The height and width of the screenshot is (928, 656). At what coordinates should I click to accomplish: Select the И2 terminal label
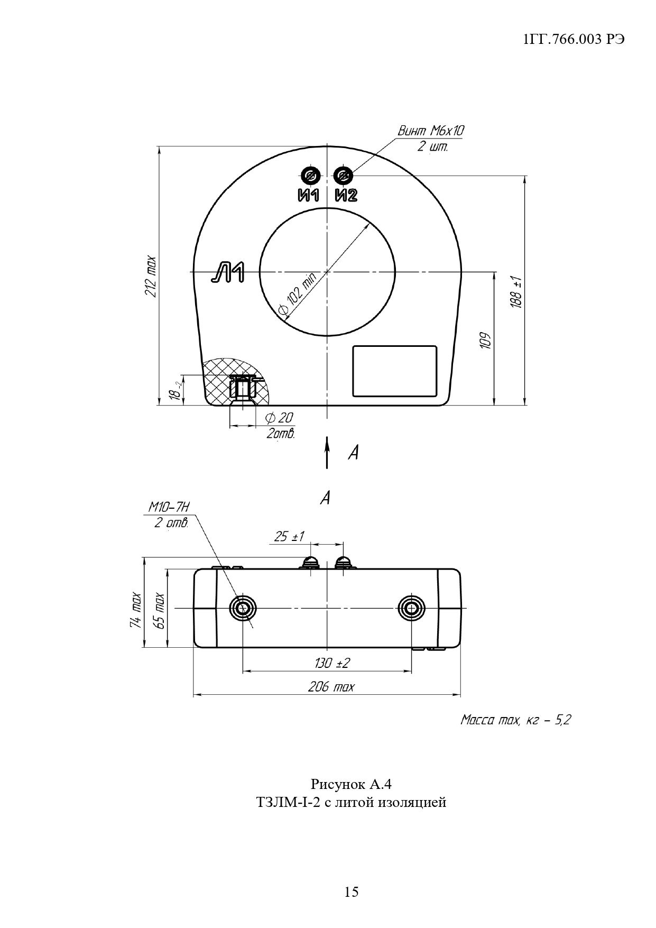point(346,195)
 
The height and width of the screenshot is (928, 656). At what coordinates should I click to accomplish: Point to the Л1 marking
point(228,272)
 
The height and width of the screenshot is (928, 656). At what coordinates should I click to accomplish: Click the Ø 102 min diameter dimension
point(297,296)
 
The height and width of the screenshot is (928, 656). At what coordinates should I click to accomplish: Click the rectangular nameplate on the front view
point(395,371)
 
